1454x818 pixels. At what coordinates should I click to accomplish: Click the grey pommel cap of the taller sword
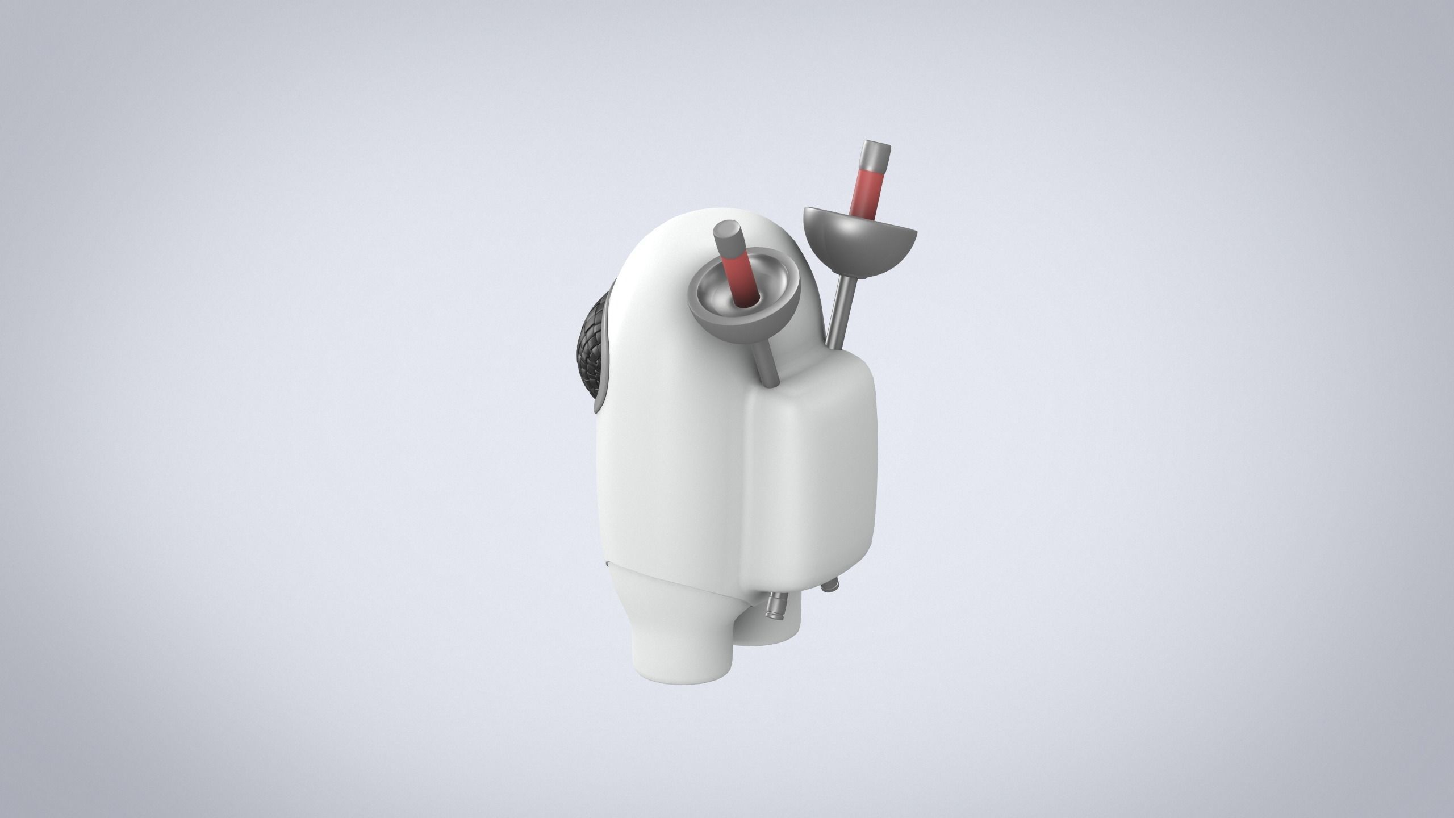point(874,152)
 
